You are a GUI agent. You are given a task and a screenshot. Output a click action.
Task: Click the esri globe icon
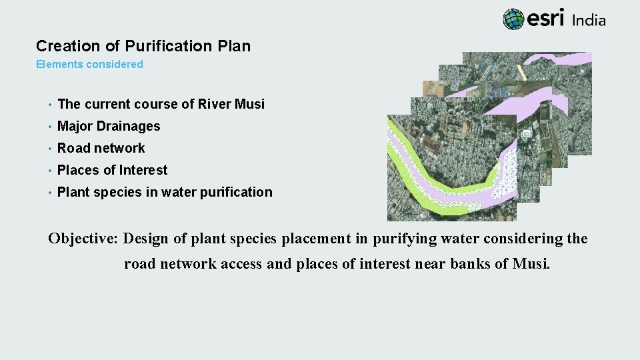tap(513, 19)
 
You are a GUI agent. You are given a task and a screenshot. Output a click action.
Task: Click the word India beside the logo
tap(589, 20)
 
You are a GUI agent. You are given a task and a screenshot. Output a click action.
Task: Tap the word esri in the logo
tap(546, 19)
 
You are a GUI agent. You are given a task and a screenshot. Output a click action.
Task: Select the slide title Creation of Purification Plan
tap(143, 46)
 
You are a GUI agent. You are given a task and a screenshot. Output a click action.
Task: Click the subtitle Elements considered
tap(89, 65)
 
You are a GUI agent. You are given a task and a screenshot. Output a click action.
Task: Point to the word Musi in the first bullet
tap(249, 104)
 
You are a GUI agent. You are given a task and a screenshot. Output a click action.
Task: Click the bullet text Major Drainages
tap(109, 126)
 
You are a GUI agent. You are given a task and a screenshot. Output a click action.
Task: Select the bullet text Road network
tap(101, 148)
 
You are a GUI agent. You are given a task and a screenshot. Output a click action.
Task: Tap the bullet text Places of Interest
tap(112, 170)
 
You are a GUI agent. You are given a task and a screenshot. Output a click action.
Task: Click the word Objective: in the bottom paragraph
tap(84, 239)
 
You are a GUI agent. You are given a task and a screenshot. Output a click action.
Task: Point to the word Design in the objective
tap(146, 239)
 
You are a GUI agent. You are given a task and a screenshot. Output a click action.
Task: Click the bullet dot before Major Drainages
tap(49, 127)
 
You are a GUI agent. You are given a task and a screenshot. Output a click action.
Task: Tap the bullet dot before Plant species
tap(49, 193)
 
